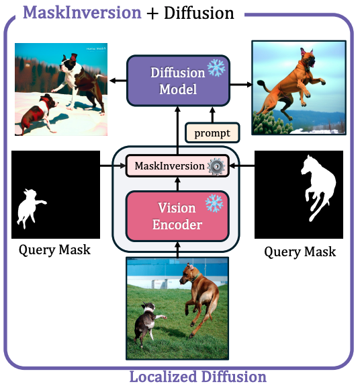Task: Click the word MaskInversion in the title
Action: pos(82,12)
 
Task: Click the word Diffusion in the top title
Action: pos(199,13)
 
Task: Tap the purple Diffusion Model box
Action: pos(178,81)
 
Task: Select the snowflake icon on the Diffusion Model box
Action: pos(216,67)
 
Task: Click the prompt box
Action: pos(212,132)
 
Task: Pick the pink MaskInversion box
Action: pos(177,166)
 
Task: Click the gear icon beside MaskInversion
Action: pos(216,166)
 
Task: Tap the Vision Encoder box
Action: pos(177,216)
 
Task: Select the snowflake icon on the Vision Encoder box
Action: pos(214,203)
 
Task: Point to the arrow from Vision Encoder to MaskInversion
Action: pos(178,184)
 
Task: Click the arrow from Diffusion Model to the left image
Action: pos(118,81)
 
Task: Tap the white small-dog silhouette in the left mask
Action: pos(30,207)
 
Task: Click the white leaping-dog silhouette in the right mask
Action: pos(318,187)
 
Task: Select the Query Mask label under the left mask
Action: pos(54,250)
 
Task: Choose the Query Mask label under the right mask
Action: pos(300,252)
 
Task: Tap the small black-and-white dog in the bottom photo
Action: pos(147,322)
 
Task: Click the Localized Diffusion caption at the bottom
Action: pos(197,377)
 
